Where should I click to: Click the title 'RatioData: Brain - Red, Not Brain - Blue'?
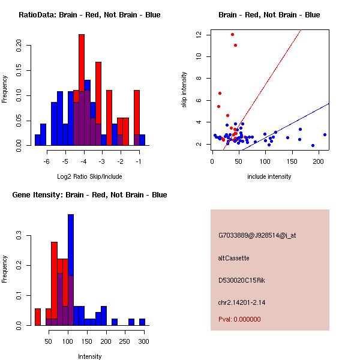(89, 15)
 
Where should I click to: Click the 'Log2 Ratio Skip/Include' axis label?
(89, 177)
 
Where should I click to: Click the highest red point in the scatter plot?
(232, 34)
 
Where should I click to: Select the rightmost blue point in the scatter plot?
(325, 134)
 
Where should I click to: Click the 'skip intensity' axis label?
(185, 90)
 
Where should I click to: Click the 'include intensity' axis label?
(270, 177)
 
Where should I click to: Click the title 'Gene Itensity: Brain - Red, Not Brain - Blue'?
(85, 195)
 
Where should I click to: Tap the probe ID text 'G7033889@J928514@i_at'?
(257, 235)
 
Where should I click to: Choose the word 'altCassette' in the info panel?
(233, 258)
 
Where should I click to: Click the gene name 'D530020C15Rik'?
(242, 280)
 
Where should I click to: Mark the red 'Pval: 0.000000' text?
(239, 319)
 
